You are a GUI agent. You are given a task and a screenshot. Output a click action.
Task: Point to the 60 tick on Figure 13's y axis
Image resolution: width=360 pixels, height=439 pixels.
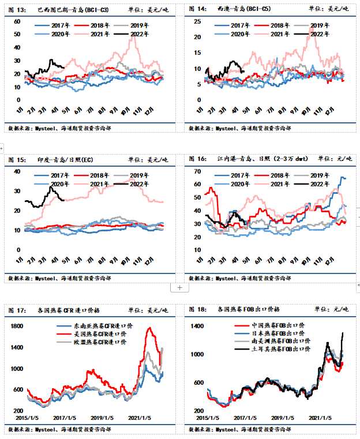17,21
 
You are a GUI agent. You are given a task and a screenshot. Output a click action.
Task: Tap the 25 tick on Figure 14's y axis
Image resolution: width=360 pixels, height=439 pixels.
197,21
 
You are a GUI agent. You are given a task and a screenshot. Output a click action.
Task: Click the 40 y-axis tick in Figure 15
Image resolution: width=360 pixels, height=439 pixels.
17,172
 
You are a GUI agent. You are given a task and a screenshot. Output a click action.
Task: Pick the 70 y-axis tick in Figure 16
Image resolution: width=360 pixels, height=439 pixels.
197,172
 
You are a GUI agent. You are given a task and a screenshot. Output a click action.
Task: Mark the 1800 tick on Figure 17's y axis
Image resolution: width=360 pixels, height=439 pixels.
16,327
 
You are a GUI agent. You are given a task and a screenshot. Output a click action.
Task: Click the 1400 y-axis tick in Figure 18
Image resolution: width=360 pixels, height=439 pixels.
197,327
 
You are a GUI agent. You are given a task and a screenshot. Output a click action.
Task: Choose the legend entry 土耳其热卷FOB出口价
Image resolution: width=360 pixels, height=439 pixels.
271,350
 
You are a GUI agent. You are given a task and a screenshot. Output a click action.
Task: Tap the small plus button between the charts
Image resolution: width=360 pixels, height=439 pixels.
179,287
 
